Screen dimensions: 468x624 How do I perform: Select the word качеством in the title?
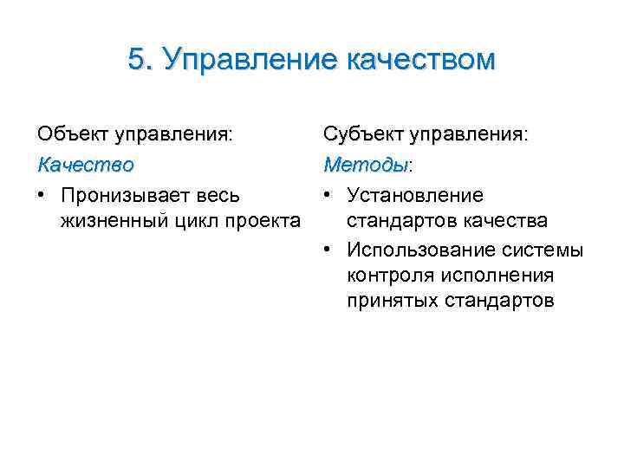pos(420,59)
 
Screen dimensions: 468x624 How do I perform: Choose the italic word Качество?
pos(85,164)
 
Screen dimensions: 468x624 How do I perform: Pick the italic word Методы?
pos(364,164)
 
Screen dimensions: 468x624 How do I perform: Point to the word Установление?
pos(415,195)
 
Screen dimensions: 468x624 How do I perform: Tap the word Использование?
pos(423,250)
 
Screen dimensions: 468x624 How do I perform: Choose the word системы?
pos(545,250)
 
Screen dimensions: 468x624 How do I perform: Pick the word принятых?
pos(391,302)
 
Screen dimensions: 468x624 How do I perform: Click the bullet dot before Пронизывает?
pos(42,195)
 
